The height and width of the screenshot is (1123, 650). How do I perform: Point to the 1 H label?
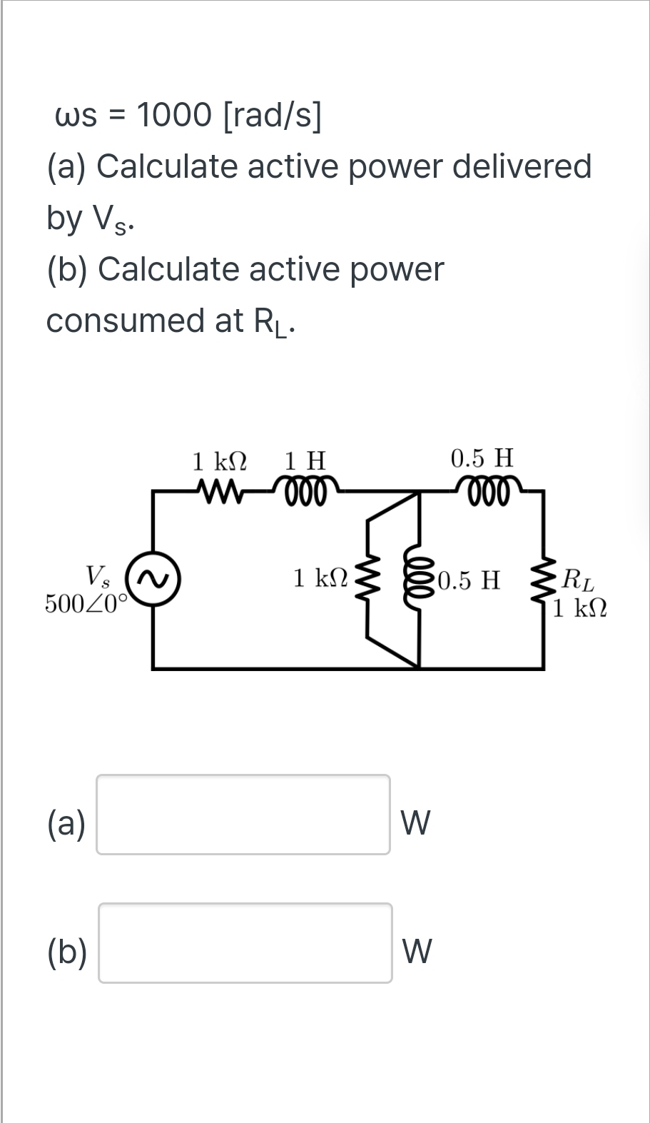click(305, 460)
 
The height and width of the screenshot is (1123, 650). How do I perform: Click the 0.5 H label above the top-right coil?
click(482, 457)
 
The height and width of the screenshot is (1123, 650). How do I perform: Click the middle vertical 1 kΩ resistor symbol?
click(368, 579)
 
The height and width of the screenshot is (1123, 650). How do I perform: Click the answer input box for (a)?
click(243, 814)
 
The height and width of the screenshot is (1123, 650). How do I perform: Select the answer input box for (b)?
click(245, 942)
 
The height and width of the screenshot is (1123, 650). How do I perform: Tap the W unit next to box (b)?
click(417, 952)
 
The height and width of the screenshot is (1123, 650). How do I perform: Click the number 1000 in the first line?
click(173, 114)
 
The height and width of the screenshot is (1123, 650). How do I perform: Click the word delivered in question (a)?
click(522, 166)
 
